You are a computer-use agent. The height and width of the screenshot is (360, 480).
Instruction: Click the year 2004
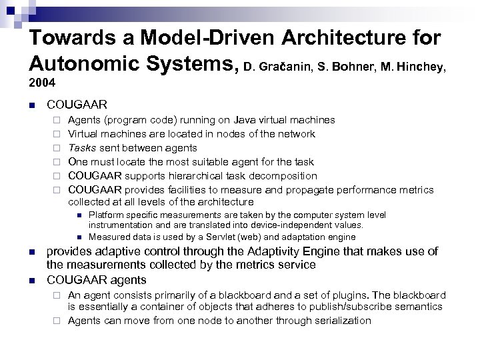(41, 85)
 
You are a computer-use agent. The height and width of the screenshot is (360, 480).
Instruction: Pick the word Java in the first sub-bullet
(247, 120)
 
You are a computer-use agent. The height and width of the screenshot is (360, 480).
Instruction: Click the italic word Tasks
(83, 148)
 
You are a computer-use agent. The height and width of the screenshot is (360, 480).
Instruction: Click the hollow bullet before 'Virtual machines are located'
(58, 135)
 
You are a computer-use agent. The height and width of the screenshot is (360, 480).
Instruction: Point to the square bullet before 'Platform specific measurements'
(79, 215)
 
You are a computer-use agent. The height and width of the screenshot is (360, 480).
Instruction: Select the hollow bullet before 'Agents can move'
(58, 321)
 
